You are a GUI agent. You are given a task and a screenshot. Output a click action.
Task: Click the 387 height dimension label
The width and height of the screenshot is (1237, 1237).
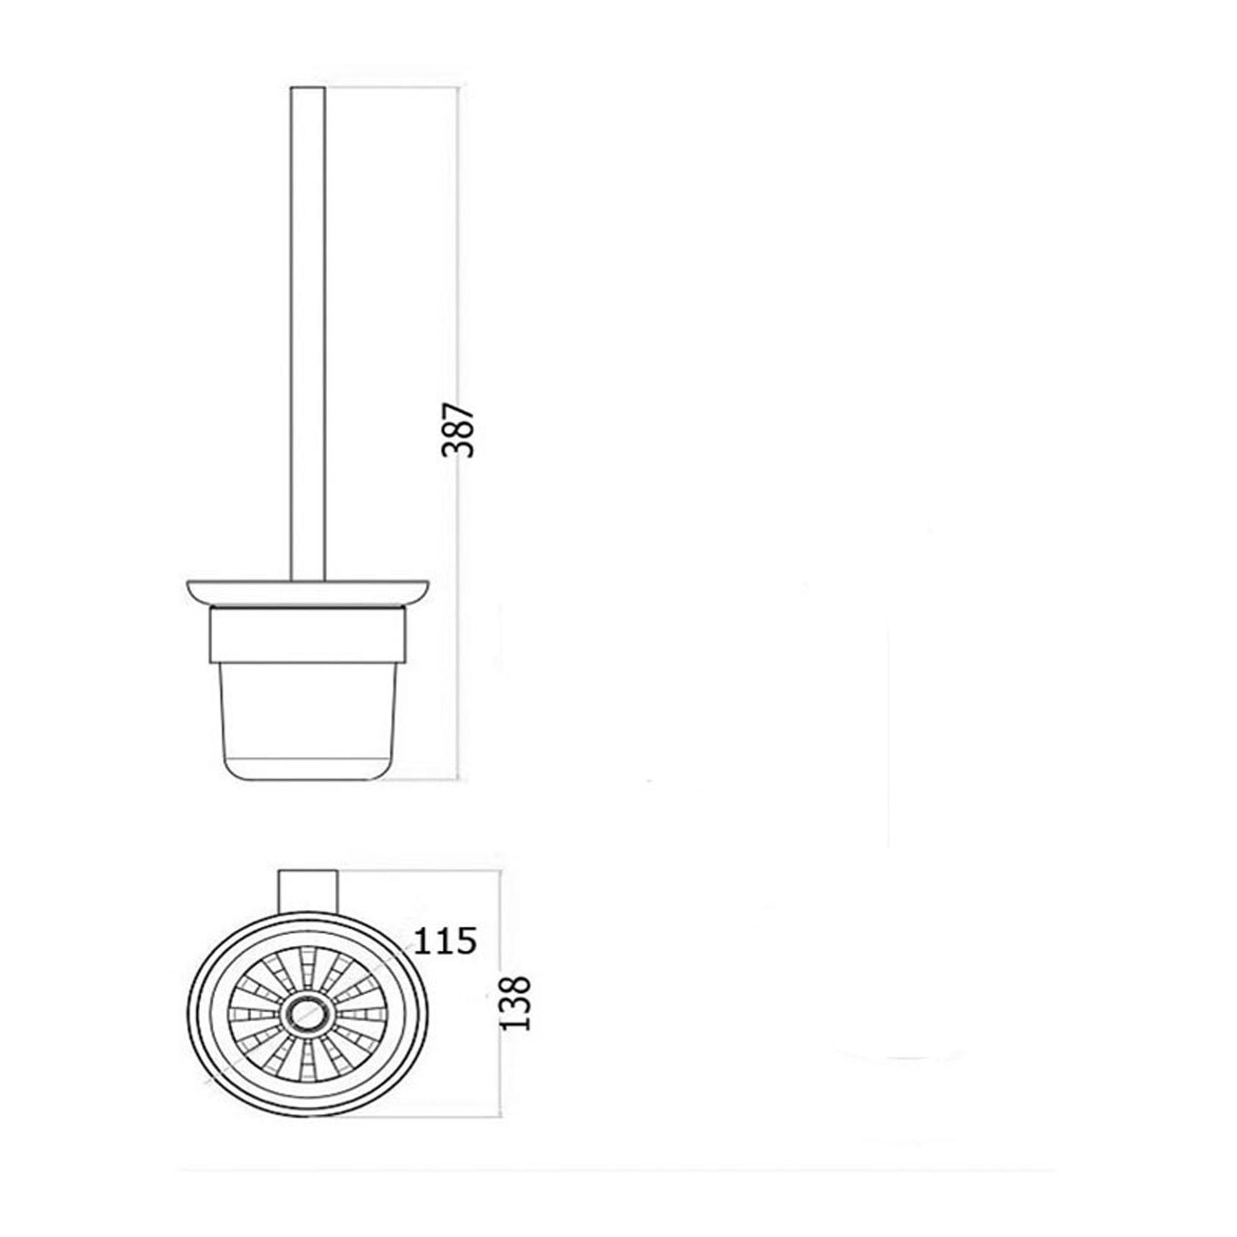(x=458, y=431)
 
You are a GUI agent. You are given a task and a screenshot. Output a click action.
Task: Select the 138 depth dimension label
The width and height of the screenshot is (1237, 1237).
(x=516, y=1003)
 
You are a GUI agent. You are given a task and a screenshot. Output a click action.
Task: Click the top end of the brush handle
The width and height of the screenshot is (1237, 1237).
(x=309, y=87)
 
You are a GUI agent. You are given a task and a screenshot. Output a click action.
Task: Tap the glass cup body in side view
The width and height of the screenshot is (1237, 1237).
(x=308, y=722)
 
